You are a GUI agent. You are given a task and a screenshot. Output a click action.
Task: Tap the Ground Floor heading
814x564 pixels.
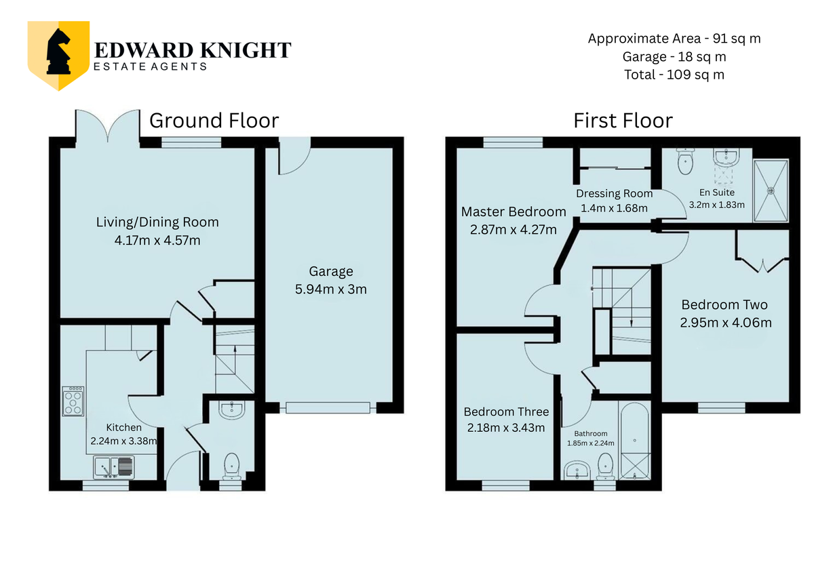(x=214, y=121)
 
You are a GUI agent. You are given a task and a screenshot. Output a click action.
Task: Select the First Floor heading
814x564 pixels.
(x=623, y=121)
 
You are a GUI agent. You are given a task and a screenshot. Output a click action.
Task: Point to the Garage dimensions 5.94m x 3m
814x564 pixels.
(x=331, y=289)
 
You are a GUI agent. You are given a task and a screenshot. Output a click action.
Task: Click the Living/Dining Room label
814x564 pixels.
(x=157, y=222)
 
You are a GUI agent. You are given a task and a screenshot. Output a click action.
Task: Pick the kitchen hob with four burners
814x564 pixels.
(x=73, y=401)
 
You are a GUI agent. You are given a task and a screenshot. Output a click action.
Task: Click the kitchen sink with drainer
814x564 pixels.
(x=114, y=467)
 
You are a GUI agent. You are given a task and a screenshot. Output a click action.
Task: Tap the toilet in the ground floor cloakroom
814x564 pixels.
(x=232, y=466)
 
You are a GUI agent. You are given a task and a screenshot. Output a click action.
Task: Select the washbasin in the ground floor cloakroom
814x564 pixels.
(x=232, y=409)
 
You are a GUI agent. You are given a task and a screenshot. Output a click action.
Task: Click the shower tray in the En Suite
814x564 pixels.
(x=771, y=190)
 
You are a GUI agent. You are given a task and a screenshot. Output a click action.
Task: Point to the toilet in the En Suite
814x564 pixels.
(x=685, y=161)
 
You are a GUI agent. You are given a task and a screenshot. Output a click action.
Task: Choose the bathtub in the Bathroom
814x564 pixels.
(x=634, y=441)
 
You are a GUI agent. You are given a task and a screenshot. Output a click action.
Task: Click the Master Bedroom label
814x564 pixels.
(x=513, y=211)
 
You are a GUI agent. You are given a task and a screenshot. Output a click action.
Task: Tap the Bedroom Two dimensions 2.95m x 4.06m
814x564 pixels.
(x=726, y=323)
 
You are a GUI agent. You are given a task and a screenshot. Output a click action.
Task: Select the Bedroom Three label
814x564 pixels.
(x=506, y=412)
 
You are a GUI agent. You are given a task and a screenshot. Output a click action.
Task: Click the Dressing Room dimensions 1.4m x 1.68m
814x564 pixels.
(x=614, y=209)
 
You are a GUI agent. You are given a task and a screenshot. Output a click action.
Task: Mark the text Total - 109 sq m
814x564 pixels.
(x=674, y=75)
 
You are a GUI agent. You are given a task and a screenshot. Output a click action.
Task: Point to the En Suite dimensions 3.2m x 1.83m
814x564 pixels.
(x=716, y=205)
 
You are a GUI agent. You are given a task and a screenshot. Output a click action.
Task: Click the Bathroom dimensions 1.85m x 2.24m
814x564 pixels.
(x=591, y=443)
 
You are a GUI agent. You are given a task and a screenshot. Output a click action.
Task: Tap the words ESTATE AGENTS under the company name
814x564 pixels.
(x=150, y=66)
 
